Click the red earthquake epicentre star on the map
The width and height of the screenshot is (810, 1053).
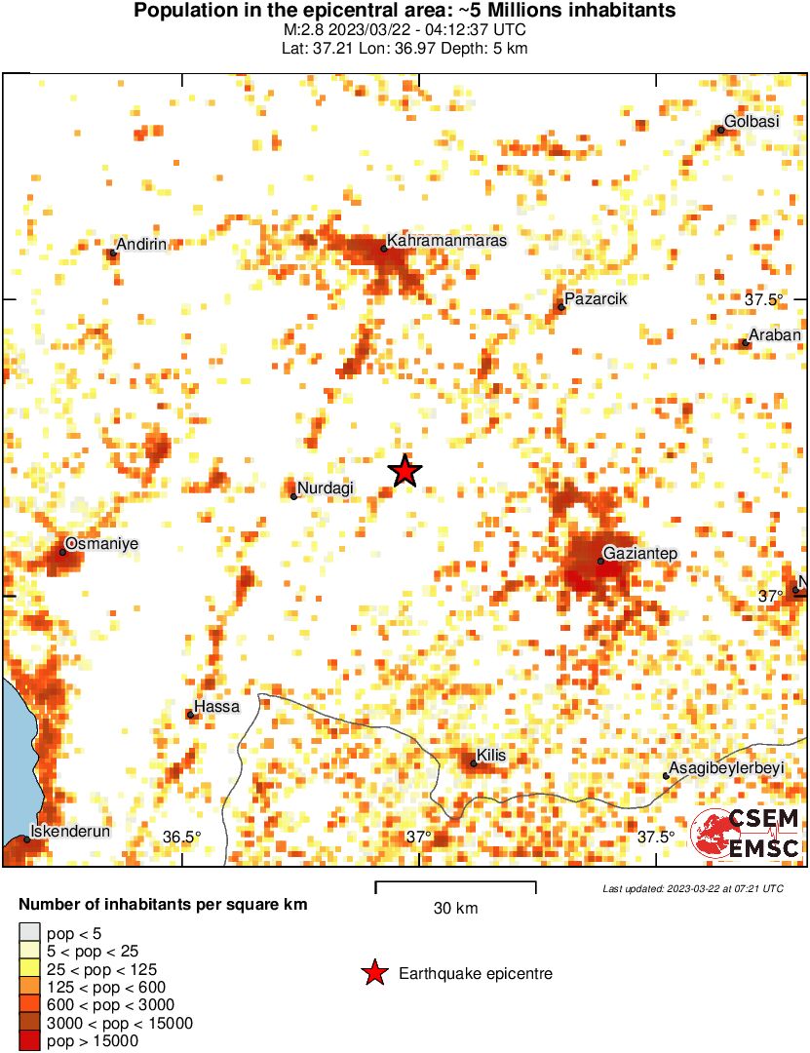(x=405, y=471)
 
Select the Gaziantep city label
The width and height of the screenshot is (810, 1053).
(x=640, y=554)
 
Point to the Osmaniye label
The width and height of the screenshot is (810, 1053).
(x=100, y=543)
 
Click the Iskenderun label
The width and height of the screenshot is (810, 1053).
(x=70, y=832)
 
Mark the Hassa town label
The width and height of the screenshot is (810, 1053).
(x=216, y=706)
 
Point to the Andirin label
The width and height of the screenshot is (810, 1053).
(x=141, y=245)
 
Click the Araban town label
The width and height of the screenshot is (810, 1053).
(x=775, y=335)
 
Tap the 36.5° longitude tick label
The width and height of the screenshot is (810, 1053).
(x=181, y=837)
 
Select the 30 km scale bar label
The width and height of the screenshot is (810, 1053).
(x=455, y=909)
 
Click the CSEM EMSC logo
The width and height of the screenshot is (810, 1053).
(x=745, y=835)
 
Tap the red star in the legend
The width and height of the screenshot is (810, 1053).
(x=373, y=973)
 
